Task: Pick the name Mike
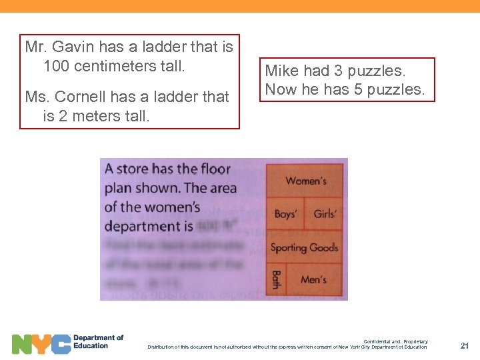[x=282, y=71]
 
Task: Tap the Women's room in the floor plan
[x=306, y=181]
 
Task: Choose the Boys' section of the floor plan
[x=285, y=214]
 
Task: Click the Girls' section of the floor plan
[x=325, y=214]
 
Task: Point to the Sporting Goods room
[x=304, y=247]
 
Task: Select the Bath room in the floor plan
[x=275, y=279]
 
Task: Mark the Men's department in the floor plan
[x=313, y=279]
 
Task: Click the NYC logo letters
[x=41, y=343]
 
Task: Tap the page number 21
[x=465, y=345]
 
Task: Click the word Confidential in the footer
[x=377, y=341]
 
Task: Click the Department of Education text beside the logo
[x=98, y=341]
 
